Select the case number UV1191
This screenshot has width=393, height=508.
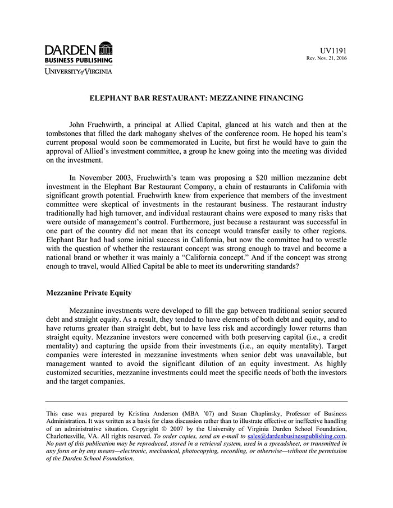(x=333, y=50)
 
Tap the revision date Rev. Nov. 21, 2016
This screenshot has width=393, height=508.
(x=326, y=58)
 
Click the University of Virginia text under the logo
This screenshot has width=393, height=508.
(x=79, y=71)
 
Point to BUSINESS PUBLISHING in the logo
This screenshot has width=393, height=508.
(x=79, y=60)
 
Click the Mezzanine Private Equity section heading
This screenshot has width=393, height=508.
(x=90, y=293)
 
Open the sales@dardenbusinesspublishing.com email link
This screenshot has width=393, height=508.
(x=296, y=436)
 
